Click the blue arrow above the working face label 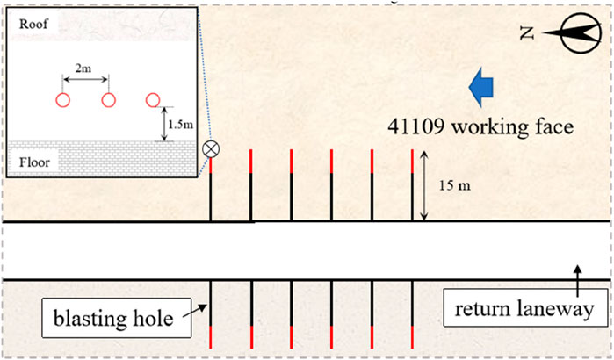coord(480,87)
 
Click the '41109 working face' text coord(480,126)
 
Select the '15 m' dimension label coord(455,184)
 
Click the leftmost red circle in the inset coord(63,99)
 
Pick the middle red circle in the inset coord(109,99)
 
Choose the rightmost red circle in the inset coord(154,99)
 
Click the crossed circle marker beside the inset coord(211,148)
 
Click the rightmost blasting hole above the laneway coord(412,185)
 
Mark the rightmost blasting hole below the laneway coord(413,314)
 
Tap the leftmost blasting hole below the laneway coord(212,314)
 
